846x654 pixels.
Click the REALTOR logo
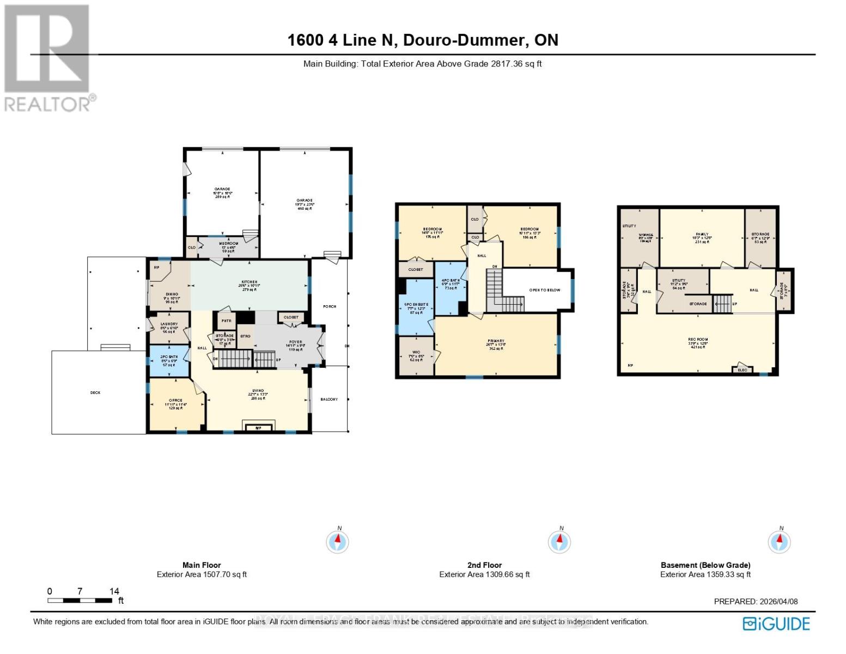tap(48, 58)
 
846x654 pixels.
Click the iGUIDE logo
tap(776, 623)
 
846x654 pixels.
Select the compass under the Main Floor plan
tap(338, 542)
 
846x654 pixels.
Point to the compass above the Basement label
tap(779, 542)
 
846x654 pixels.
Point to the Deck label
tap(95, 392)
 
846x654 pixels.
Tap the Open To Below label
tap(544, 290)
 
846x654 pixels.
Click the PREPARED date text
tap(756, 601)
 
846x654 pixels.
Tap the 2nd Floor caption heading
tap(484, 565)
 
